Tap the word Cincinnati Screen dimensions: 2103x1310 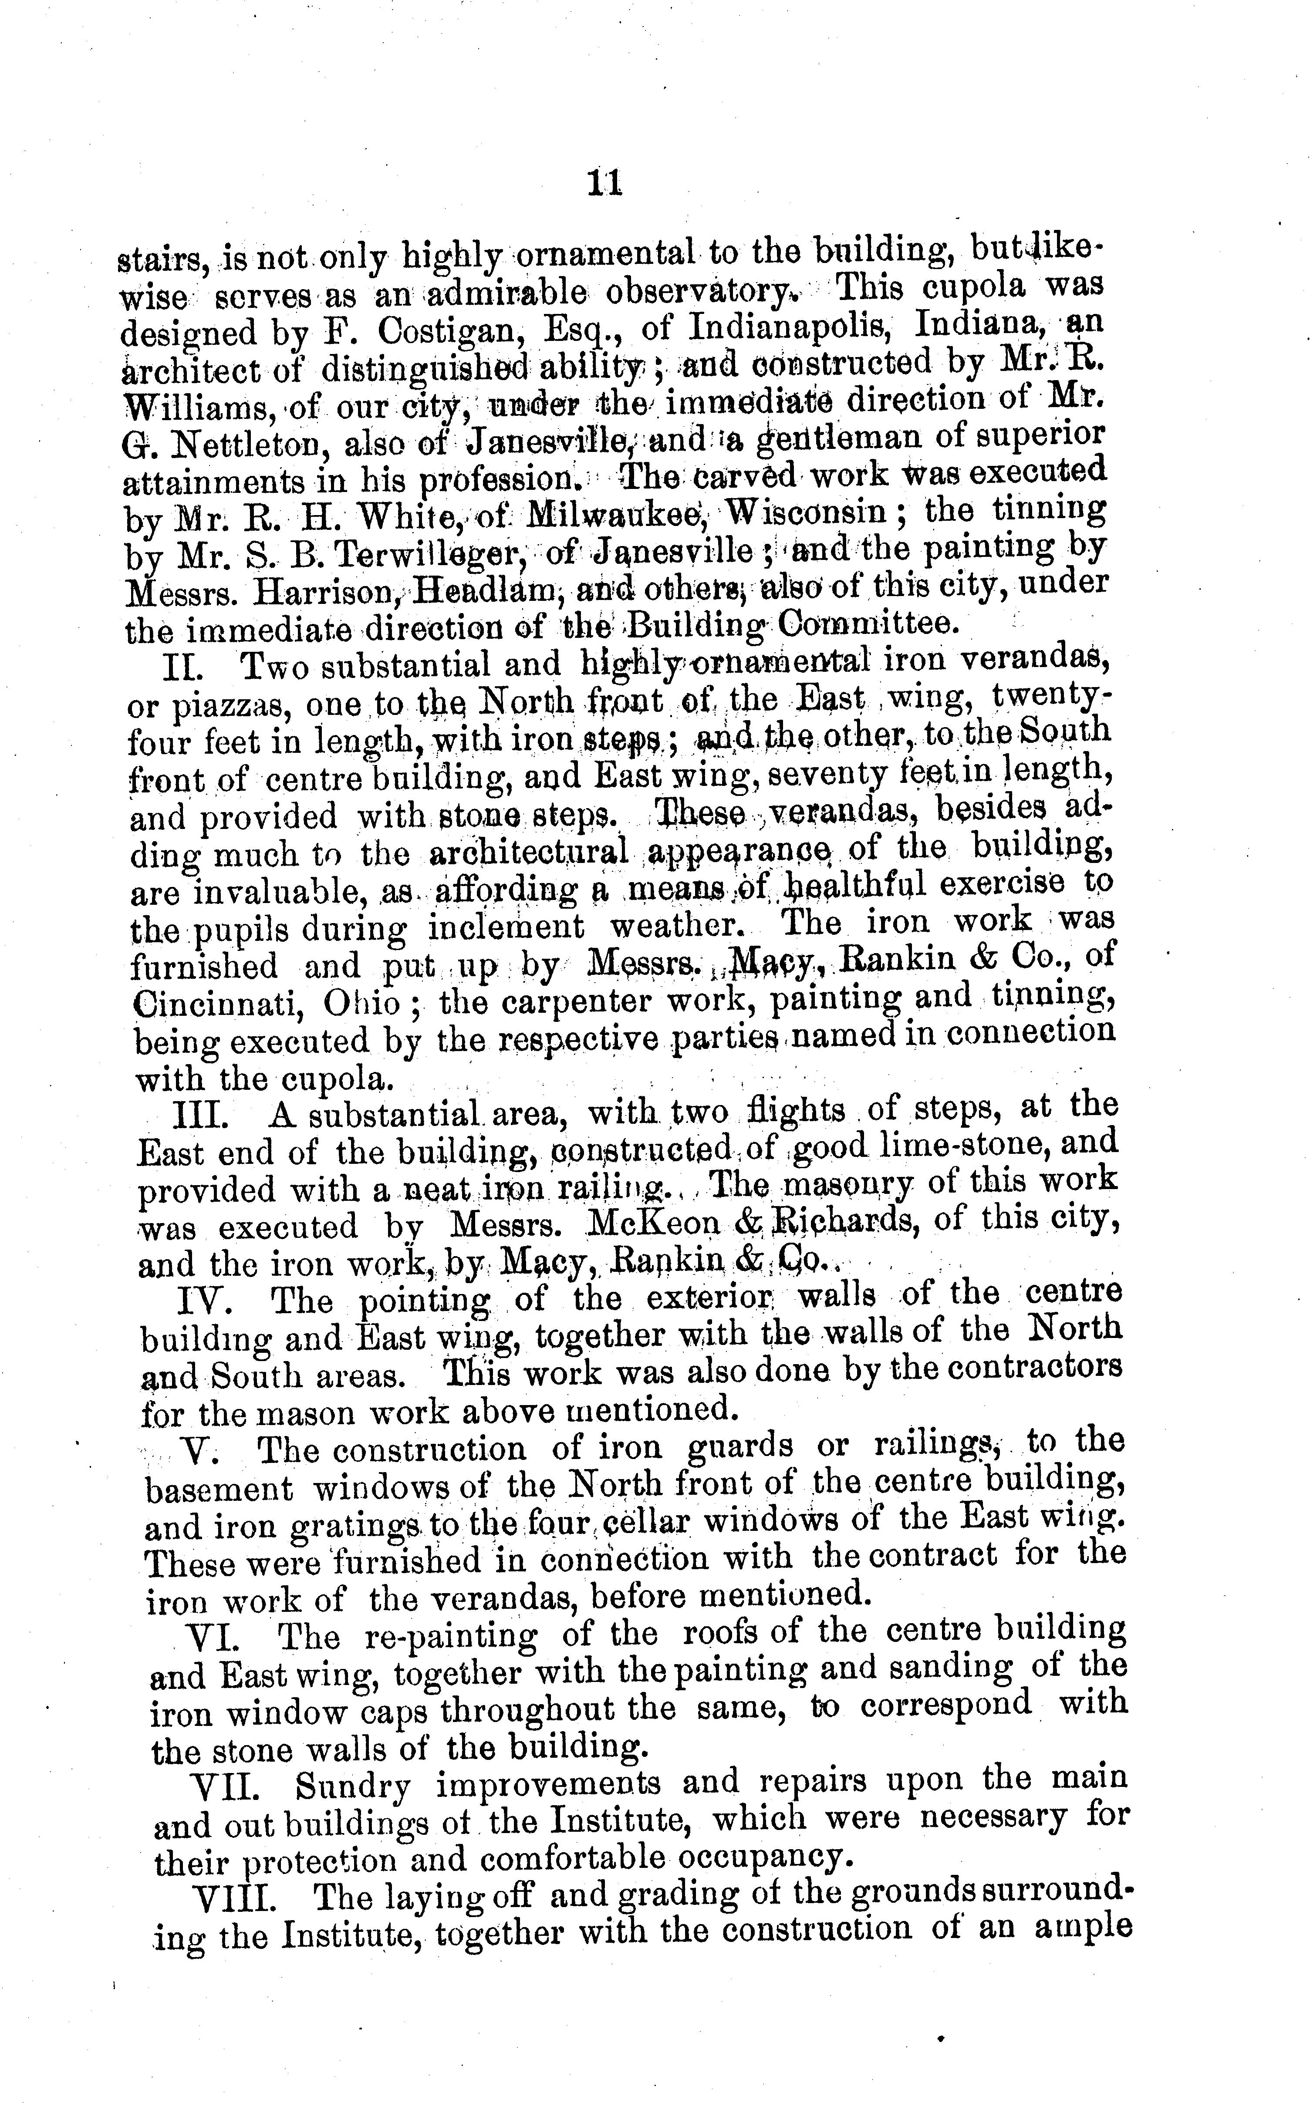[219, 1005]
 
